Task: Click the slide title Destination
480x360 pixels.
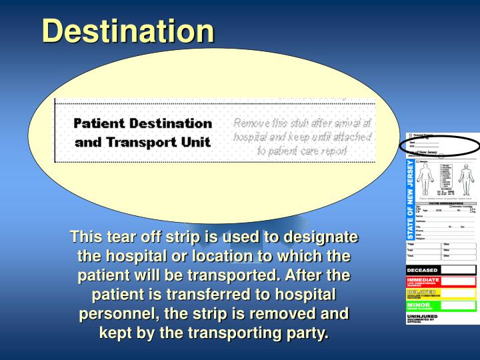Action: (x=129, y=31)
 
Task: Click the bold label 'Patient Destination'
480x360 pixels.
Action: (x=143, y=123)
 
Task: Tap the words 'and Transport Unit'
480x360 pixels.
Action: (x=143, y=141)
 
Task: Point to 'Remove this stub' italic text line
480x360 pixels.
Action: (x=303, y=123)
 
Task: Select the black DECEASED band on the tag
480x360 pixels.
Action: (x=441, y=270)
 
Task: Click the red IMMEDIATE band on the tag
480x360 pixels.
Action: (x=441, y=281)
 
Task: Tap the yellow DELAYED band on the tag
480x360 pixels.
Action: (x=441, y=293)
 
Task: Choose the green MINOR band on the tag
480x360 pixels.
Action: (x=441, y=305)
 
